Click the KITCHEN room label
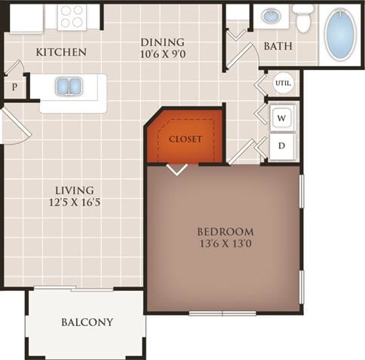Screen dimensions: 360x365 point(61,52)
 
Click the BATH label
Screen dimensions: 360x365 point(278,47)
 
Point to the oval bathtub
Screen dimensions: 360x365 point(340,35)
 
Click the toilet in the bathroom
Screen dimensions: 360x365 point(303,18)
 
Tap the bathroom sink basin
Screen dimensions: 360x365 point(271,16)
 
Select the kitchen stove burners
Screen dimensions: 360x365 point(73,16)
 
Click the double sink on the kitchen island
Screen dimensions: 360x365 point(69,87)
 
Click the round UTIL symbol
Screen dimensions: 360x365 point(283,83)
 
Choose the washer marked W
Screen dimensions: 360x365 point(281,118)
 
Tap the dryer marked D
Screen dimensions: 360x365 point(281,145)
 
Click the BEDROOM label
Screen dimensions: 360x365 point(225,231)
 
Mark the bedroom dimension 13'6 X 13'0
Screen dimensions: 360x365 point(225,244)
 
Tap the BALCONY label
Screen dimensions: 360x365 point(87,322)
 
